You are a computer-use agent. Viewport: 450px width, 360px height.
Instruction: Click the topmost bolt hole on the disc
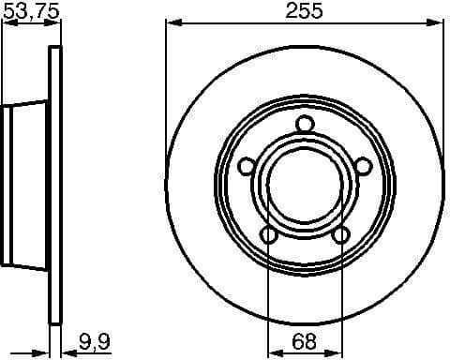point(304,123)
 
